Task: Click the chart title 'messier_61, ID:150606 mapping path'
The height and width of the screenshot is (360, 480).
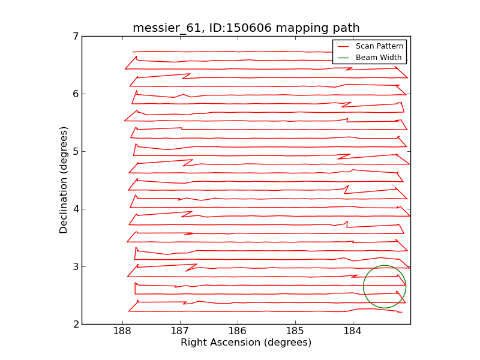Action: coord(246,28)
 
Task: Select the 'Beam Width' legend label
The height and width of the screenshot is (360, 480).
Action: coord(379,58)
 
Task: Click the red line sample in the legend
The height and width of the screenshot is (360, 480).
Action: coord(343,46)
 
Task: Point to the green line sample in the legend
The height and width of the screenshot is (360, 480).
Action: coord(343,58)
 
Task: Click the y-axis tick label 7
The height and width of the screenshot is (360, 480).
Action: coord(75,37)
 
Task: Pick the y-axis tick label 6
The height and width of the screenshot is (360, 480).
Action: coord(75,94)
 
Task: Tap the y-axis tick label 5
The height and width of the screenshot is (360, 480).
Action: coord(75,152)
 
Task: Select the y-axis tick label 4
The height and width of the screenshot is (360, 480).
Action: coord(75,209)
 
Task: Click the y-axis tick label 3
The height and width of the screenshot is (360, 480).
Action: coord(75,267)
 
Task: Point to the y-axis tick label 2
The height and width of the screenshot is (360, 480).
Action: coord(75,325)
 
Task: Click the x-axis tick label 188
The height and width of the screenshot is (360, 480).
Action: coord(122,332)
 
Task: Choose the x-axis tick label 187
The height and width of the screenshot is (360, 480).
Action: coord(180,332)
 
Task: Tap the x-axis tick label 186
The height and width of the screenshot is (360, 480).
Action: coord(238,332)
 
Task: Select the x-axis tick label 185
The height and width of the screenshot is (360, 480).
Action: coord(295,332)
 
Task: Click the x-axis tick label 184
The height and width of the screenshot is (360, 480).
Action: coord(353,332)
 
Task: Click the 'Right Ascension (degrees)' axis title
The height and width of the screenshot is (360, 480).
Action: coord(246,343)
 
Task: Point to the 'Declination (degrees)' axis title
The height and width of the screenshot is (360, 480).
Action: coord(64,180)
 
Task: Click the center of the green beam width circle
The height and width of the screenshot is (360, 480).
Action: coord(385,287)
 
